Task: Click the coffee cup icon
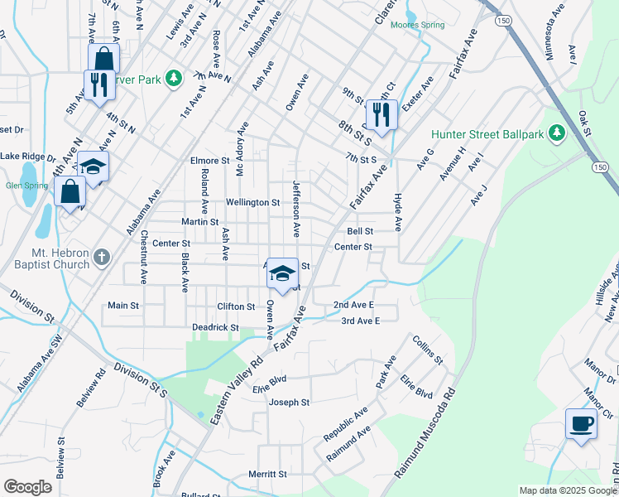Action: (581, 423)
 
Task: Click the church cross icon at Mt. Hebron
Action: (102, 257)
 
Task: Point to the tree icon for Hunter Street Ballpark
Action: (557, 133)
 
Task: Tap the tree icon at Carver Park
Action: (173, 78)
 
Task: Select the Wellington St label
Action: (252, 202)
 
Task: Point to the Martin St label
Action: (200, 222)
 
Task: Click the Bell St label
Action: (360, 232)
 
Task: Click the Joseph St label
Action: (289, 403)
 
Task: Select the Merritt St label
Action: (267, 475)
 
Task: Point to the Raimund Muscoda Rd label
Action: (426, 433)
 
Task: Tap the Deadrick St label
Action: (215, 328)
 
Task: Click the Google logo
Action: (28, 487)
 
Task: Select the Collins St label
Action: (428, 351)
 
